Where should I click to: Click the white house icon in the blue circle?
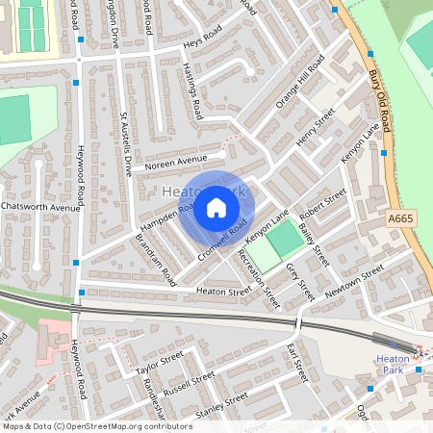tap(216, 207)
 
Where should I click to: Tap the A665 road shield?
tap(401, 220)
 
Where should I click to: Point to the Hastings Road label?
tap(192, 94)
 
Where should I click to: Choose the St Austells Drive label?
tap(125, 144)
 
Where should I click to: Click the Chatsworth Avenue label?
tap(40, 207)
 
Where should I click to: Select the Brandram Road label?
tap(154, 257)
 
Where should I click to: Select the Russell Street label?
tap(189, 382)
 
